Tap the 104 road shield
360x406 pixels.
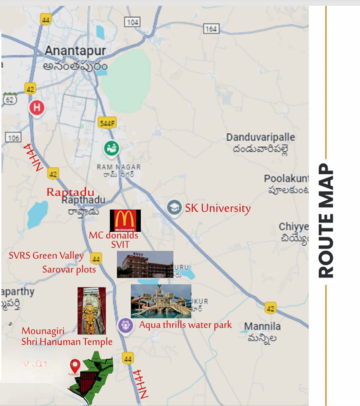[x=132, y=22]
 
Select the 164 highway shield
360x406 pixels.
[x=211, y=29]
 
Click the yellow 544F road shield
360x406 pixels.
[x=108, y=123]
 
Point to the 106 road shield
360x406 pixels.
[x=13, y=137]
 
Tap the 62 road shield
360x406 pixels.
[x=9, y=99]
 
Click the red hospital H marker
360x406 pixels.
[x=37, y=108]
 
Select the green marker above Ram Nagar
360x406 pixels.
[x=112, y=148]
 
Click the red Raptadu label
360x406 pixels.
[x=70, y=192]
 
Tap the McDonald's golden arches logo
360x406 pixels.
[x=125, y=220]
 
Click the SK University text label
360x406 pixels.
[x=217, y=208]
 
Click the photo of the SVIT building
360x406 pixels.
[x=145, y=263]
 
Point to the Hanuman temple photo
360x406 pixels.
[x=91, y=311]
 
